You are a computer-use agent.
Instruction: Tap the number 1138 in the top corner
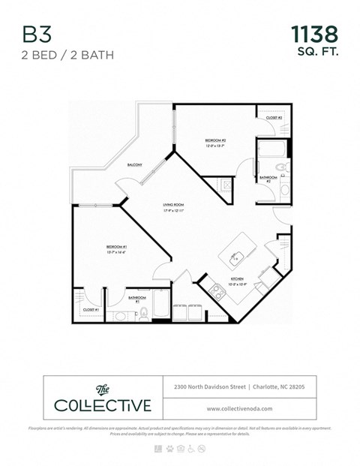point(313,34)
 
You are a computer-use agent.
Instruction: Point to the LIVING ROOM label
point(174,207)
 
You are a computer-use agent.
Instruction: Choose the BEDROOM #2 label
point(216,143)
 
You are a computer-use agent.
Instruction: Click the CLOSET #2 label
point(274,119)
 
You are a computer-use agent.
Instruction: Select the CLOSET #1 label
point(91,309)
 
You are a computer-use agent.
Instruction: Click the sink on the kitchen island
point(235,257)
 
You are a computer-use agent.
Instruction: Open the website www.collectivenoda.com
point(234,409)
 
